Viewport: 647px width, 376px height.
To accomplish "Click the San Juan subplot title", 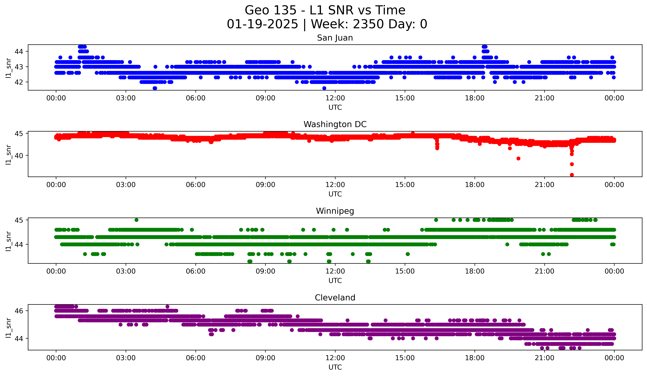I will [x=335, y=38].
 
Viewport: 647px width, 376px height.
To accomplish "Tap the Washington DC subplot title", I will [x=335, y=124].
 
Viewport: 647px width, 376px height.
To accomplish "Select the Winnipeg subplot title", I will [x=335, y=211].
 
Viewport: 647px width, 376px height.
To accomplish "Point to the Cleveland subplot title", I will [x=335, y=298].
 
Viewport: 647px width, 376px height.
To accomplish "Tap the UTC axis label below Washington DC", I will [x=335, y=194].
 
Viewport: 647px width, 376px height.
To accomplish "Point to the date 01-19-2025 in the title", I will [x=262, y=24].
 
